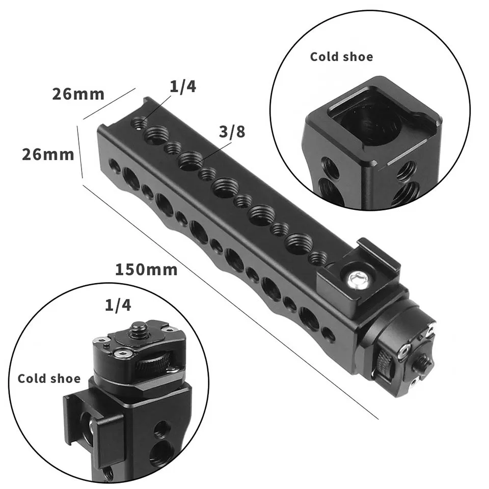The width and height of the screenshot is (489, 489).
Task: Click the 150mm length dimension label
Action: click(146, 269)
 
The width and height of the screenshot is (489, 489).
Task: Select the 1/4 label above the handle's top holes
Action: click(183, 86)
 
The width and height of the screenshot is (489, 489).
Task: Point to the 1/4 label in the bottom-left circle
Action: click(118, 305)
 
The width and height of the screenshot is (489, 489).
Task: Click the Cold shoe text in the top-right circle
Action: click(341, 57)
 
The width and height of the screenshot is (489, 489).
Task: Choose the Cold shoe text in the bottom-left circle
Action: click(49, 378)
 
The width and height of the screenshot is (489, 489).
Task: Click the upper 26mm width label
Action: click(78, 94)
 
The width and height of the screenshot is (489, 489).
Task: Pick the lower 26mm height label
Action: click(48, 154)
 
